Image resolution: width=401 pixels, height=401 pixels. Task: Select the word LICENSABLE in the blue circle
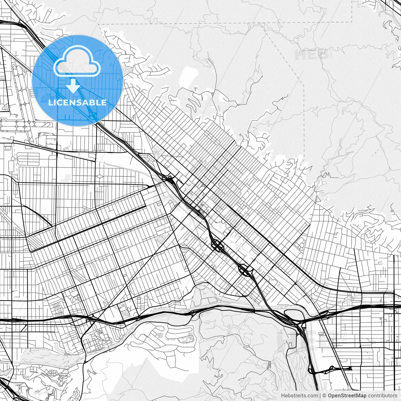(x=77, y=102)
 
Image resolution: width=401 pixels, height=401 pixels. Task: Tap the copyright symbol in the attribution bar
(x=325, y=396)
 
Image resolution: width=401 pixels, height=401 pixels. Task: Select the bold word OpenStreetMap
(x=347, y=396)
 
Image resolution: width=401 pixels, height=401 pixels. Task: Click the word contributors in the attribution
(x=383, y=396)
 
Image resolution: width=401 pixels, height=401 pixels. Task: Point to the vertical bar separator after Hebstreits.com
(x=320, y=396)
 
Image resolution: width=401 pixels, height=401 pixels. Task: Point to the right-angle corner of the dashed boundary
(x=352, y=22)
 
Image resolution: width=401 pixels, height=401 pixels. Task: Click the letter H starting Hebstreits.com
(x=283, y=396)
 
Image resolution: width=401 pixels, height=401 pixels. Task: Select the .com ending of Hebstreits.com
(x=312, y=396)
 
